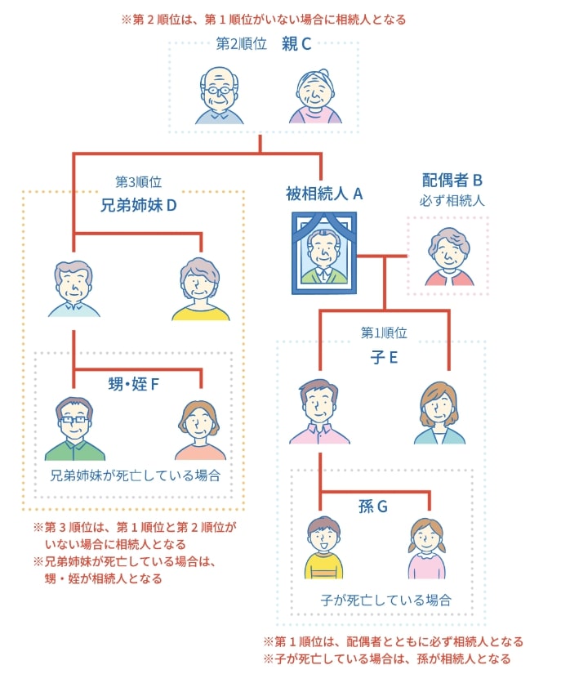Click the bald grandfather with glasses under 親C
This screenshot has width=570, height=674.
tap(219, 96)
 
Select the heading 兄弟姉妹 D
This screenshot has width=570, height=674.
tap(138, 204)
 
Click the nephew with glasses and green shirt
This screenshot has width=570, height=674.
tap(74, 429)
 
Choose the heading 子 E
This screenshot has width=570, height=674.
tap(383, 357)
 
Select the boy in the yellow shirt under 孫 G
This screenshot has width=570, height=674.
tap(323, 547)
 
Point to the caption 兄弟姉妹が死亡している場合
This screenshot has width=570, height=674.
tap(136, 475)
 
